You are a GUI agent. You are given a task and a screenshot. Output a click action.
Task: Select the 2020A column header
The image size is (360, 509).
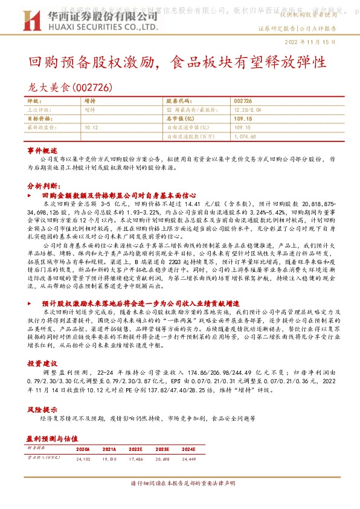83,449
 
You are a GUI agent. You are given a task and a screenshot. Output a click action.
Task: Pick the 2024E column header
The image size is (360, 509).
189,449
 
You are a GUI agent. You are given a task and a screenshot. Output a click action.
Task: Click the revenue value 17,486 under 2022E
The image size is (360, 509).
136,459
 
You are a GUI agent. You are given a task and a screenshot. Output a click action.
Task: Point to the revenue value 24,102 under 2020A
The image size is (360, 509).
83,459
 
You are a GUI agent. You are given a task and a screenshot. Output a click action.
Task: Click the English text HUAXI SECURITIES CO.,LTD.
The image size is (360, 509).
92,28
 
